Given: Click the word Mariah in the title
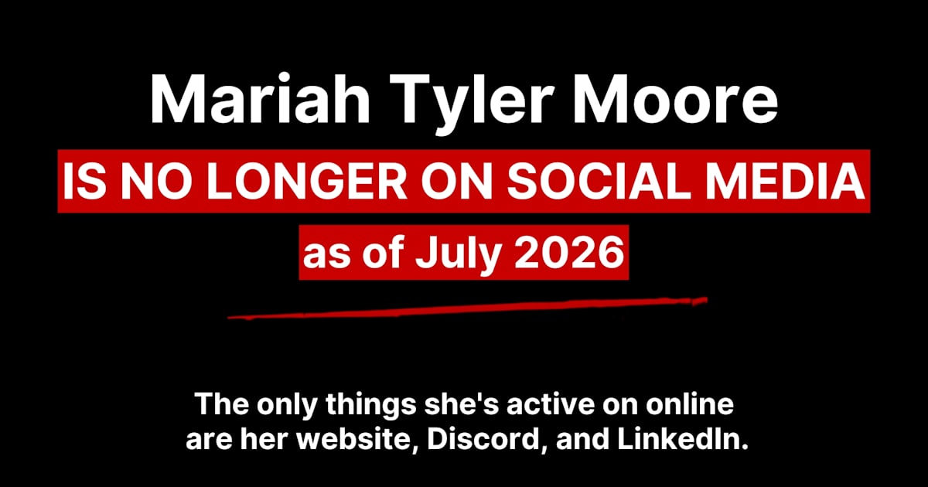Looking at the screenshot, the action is pyautogui.click(x=260, y=99).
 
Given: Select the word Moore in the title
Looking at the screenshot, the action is pyautogui.click(x=675, y=99).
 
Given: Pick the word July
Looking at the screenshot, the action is pyautogui.click(x=458, y=254).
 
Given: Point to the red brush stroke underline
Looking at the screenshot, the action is pyautogui.click(x=467, y=308).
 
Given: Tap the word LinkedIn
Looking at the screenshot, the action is pyautogui.click(x=683, y=439).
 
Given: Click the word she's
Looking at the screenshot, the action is pyautogui.click(x=461, y=404).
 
